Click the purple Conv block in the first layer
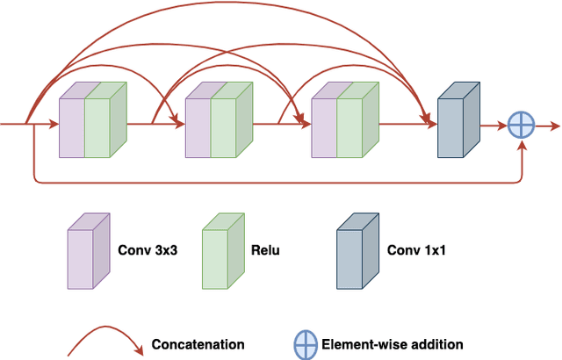click(x=71, y=127)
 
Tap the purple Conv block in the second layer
click(x=198, y=127)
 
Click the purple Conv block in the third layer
click(x=324, y=127)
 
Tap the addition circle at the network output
click(x=521, y=126)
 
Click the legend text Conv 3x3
click(x=147, y=250)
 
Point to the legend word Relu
click(x=266, y=250)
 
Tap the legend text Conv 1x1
click(x=415, y=250)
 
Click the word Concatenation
click(x=198, y=344)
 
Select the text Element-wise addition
click(x=393, y=344)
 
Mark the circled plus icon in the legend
click(x=306, y=345)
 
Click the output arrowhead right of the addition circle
click(x=554, y=126)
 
